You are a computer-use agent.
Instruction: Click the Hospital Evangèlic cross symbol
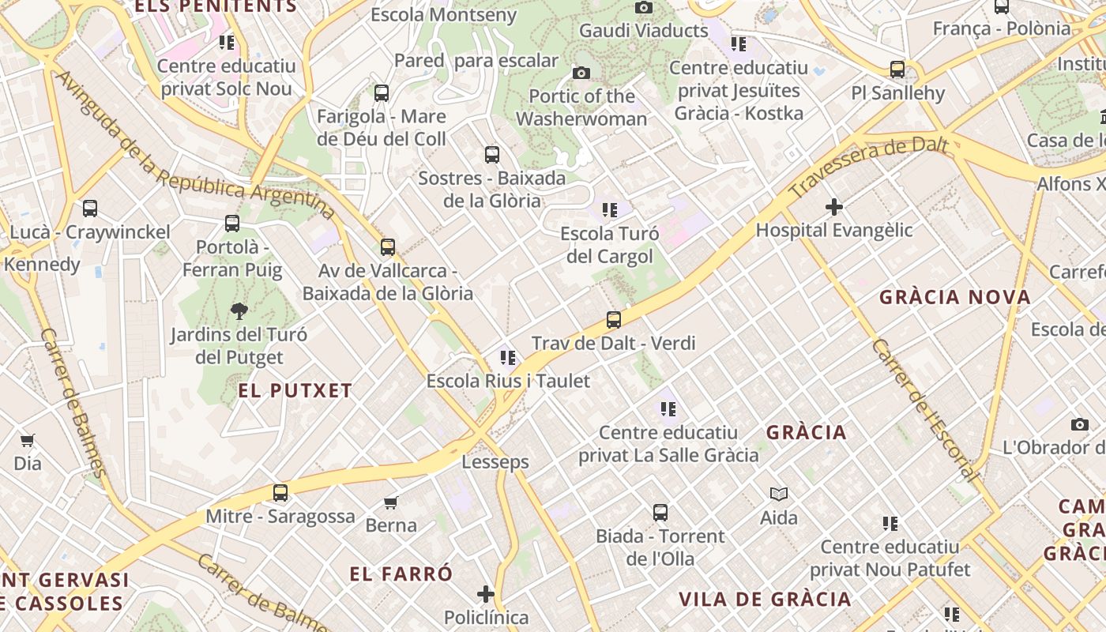click(x=833, y=207)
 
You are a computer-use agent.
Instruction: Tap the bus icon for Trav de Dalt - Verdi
click(x=614, y=320)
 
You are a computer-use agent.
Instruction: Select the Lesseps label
click(x=495, y=462)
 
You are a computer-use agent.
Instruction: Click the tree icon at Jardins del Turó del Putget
click(x=239, y=310)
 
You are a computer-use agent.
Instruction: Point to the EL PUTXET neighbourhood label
click(x=295, y=390)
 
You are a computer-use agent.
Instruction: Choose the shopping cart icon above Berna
click(x=390, y=502)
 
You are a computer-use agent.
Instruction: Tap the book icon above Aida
click(x=779, y=495)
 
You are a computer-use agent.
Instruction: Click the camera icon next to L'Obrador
click(x=1079, y=424)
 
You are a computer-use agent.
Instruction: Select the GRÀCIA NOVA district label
click(x=955, y=298)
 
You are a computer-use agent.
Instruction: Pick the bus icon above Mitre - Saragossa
click(x=280, y=493)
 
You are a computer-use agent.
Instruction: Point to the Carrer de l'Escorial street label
click(x=924, y=410)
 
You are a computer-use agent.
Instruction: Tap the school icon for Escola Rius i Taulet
click(x=507, y=358)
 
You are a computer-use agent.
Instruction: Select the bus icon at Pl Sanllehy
click(x=897, y=70)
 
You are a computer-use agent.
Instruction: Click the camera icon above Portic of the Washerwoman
click(x=581, y=73)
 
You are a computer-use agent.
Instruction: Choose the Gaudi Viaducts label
click(x=643, y=31)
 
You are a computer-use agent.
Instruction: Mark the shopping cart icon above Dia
click(x=28, y=440)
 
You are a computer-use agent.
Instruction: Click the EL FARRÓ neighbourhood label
click(x=401, y=574)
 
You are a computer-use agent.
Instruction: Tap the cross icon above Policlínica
click(x=486, y=594)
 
